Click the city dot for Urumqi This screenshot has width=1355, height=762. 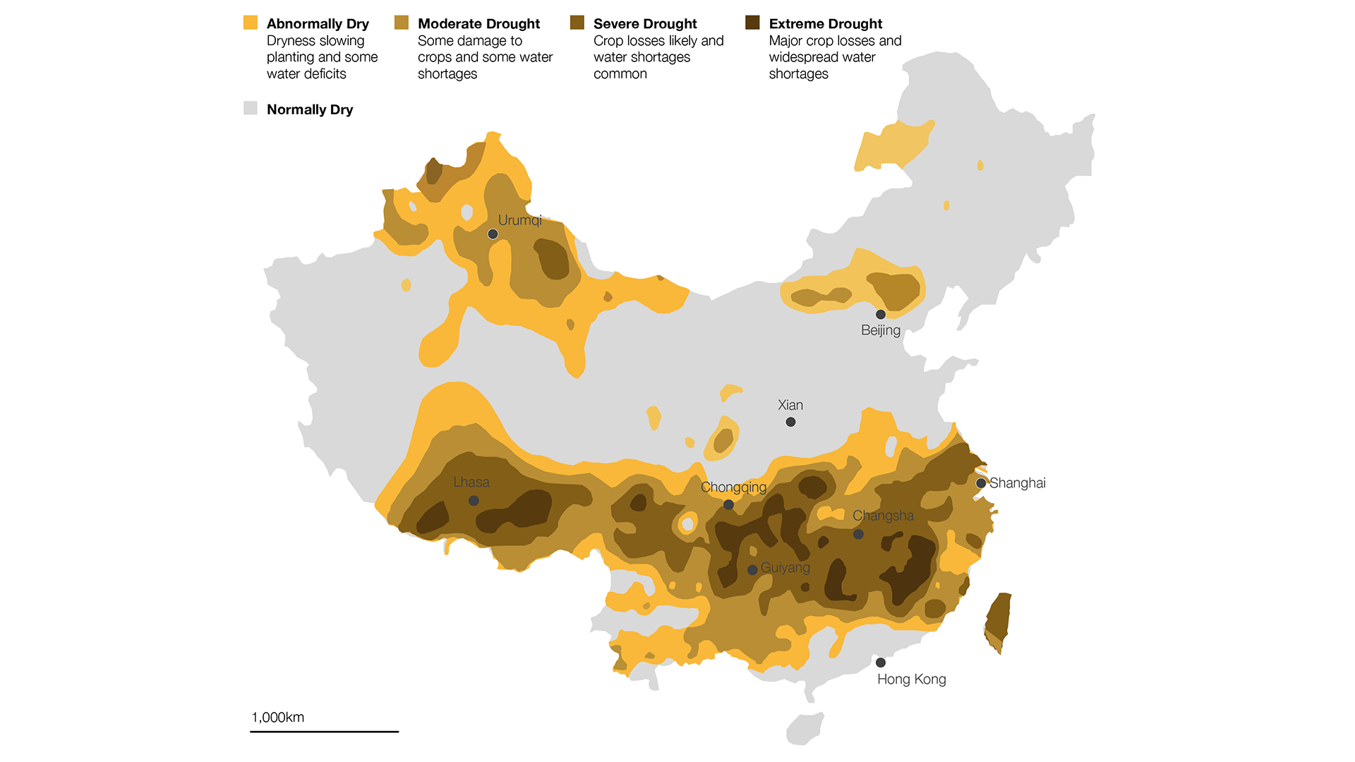pyautogui.click(x=493, y=234)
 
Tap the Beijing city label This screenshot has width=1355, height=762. pyautogui.click(x=880, y=330)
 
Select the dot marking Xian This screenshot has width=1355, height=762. pyautogui.click(x=790, y=422)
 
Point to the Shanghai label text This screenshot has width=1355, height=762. pyautogui.click(x=1017, y=483)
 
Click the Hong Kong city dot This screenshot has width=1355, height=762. pyautogui.click(x=880, y=663)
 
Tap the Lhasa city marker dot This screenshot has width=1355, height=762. pyautogui.click(x=474, y=501)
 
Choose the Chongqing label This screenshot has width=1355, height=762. pyautogui.click(x=733, y=488)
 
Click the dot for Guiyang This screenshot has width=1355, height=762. pyautogui.click(x=752, y=569)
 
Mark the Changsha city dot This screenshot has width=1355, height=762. pyautogui.click(x=858, y=534)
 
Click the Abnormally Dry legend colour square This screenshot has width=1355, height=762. pyautogui.click(x=251, y=23)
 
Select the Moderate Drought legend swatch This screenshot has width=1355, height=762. pyautogui.click(x=402, y=23)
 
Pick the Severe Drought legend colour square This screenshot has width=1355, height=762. pyautogui.click(x=577, y=23)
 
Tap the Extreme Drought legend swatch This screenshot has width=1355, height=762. pyautogui.click(x=752, y=23)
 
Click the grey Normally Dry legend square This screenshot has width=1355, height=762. pyautogui.click(x=251, y=108)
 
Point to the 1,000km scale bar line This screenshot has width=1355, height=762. pyautogui.click(x=324, y=732)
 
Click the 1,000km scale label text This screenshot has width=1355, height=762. pyautogui.click(x=277, y=718)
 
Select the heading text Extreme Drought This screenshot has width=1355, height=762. pyautogui.click(x=825, y=24)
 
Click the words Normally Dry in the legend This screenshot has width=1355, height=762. pyautogui.click(x=310, y=109)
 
